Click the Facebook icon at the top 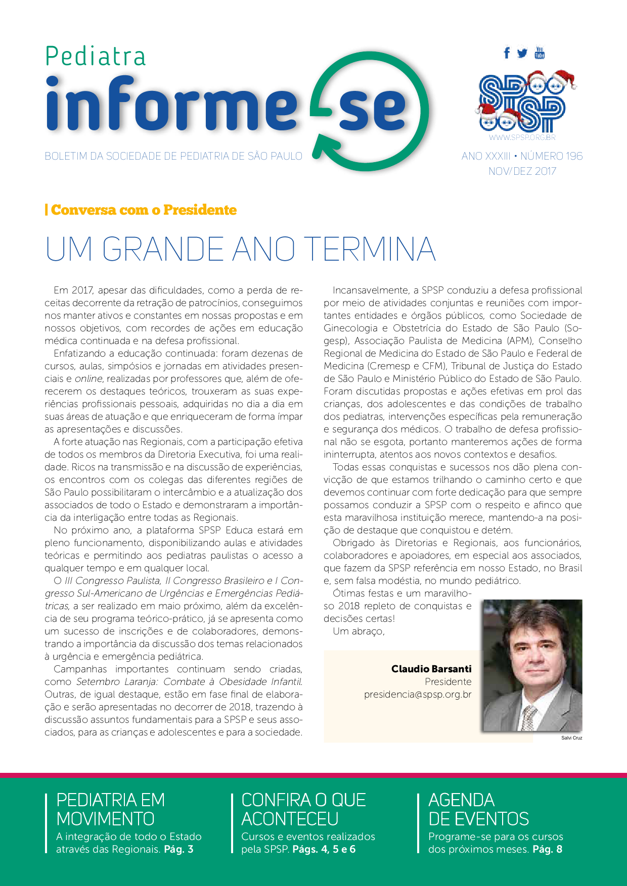pos(507,53)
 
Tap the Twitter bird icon pos(522,53)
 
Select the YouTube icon pos(540,52)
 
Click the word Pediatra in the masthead pos(96,56)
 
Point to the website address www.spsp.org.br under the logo pos(522,137)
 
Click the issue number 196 pos(574,156)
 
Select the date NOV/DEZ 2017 pos(522,171)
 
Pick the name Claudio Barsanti pos(431,669)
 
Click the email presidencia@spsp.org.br pos(418,695)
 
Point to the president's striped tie pos(529,717)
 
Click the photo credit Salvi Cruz pos(571,738)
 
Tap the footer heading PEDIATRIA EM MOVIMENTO pos(110,809)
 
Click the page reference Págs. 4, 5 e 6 pos(324,849)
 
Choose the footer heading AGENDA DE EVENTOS pos(478,809)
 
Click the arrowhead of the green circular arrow pos(319,152)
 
